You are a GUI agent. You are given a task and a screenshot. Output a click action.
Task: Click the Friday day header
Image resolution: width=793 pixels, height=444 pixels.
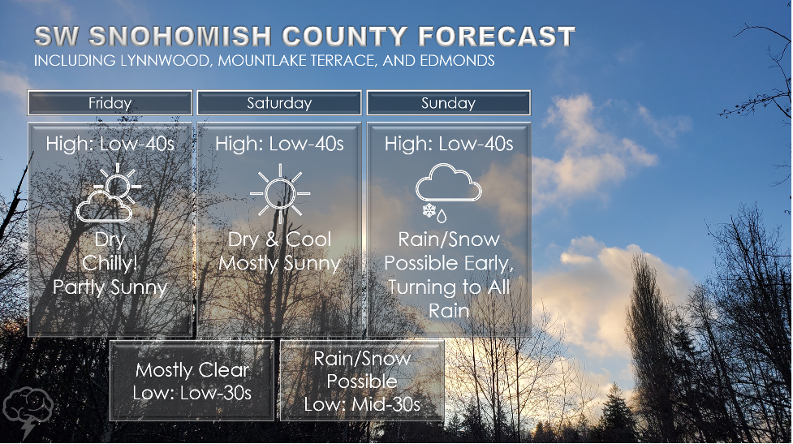click(110, 103)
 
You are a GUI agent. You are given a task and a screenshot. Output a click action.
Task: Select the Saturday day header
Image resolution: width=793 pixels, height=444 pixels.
click(279, 103)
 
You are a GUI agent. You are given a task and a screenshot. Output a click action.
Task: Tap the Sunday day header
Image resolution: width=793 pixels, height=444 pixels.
click(449, 103)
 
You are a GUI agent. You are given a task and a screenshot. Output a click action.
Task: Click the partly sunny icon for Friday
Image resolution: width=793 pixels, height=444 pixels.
click(109, 192)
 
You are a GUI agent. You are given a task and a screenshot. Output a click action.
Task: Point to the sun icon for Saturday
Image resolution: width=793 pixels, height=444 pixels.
click(280, 193)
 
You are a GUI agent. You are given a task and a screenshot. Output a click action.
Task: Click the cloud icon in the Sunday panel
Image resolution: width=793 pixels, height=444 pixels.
click(448, 183)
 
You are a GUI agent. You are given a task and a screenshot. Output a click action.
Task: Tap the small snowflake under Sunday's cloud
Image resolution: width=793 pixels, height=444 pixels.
click(429, 210)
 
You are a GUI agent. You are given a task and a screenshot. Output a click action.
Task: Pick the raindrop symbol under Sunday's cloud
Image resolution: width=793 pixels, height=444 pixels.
click(442, 217)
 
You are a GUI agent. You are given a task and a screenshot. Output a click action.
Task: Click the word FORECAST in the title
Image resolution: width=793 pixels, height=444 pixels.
click(497, 37)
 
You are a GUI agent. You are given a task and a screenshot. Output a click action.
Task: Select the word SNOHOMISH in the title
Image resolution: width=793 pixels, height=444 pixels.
click(180, 37)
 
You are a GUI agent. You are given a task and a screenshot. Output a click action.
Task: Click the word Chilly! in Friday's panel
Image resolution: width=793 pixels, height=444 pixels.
click(110, 263)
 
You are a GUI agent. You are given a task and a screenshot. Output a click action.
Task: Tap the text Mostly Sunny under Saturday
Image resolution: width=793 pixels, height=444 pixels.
click(280, 264)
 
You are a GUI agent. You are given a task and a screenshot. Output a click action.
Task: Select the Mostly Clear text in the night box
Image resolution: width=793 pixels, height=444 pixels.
click(192, 370)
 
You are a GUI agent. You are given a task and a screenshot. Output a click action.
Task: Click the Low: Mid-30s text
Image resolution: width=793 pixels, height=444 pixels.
click(362, 404)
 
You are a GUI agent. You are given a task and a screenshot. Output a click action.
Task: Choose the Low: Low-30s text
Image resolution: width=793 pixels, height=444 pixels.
click(192, 393)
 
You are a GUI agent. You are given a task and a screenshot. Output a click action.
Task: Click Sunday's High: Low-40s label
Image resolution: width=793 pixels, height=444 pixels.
click(449, 144)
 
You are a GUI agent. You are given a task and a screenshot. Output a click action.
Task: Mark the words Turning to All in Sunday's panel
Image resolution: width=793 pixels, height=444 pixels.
click(449, 287)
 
